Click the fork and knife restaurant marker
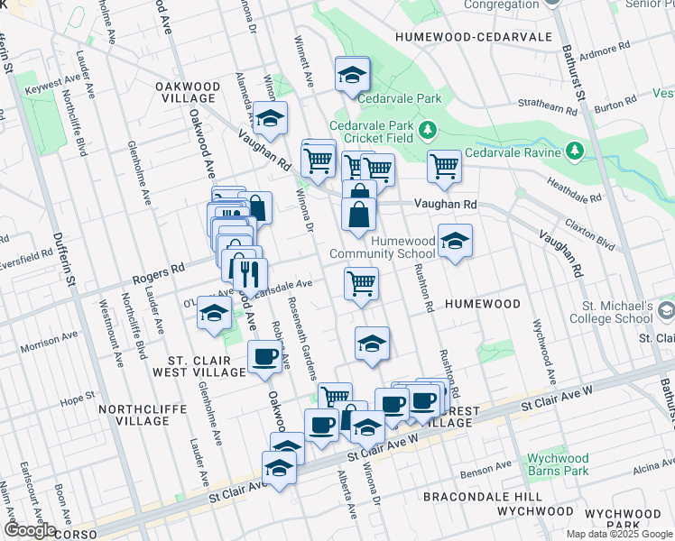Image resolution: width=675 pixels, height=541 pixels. click(x=250, y=272)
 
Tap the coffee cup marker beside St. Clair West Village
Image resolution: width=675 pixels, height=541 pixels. click(x=264, y=357)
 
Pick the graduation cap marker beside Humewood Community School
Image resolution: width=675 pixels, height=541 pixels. click(x=456, y=241)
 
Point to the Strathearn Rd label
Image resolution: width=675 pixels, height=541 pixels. click(x=554, y=109)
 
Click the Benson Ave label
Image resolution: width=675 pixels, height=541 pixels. click(x=485, y=470)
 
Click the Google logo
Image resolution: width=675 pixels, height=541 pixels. click(x=30, y=530)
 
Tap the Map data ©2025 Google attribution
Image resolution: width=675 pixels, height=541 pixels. click(x=618, y=534)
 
